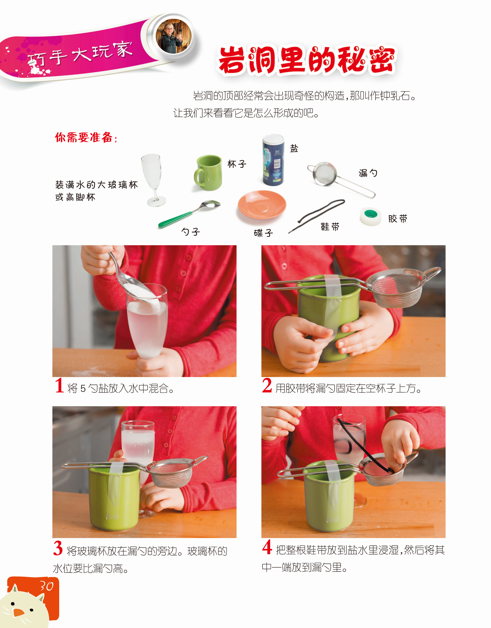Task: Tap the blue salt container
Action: click(x=273, y=160)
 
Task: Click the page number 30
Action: click(x=46, y=586)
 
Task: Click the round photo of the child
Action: click(x=174, y=36)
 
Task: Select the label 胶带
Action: click(x=398, y=219)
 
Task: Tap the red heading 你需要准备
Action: click(x=86, y=137)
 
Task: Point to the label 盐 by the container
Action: click(x=294, y=148)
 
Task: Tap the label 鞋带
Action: click(x=330, y=227)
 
